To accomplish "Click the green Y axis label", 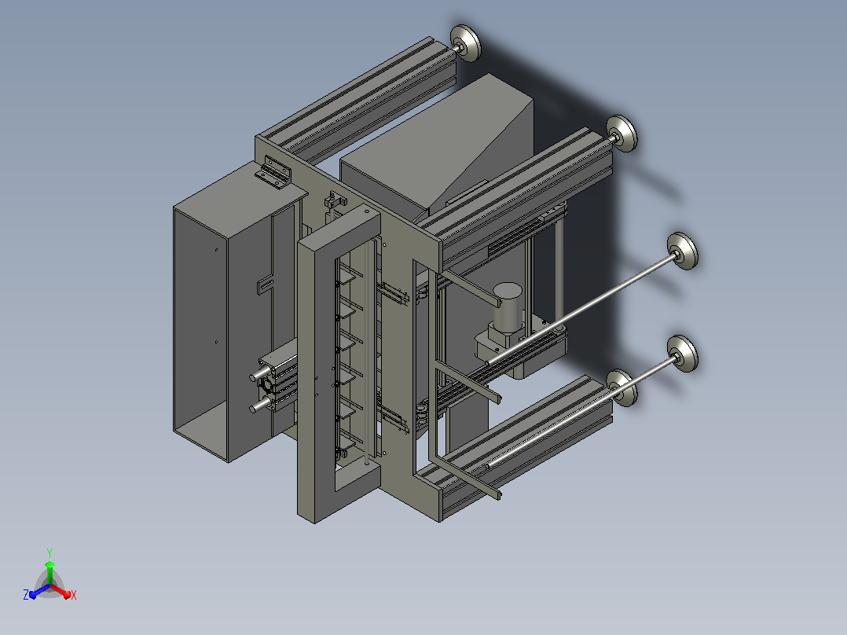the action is (49, 552).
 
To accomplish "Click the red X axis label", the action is (74, 595).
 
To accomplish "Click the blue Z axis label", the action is (26, 594).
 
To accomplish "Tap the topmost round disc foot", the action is (465, 43).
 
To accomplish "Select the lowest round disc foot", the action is (621, 388).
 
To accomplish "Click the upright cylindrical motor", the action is (508, 306).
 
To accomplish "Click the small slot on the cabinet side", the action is (266, 284).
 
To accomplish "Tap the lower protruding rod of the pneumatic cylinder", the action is (260, 405).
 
